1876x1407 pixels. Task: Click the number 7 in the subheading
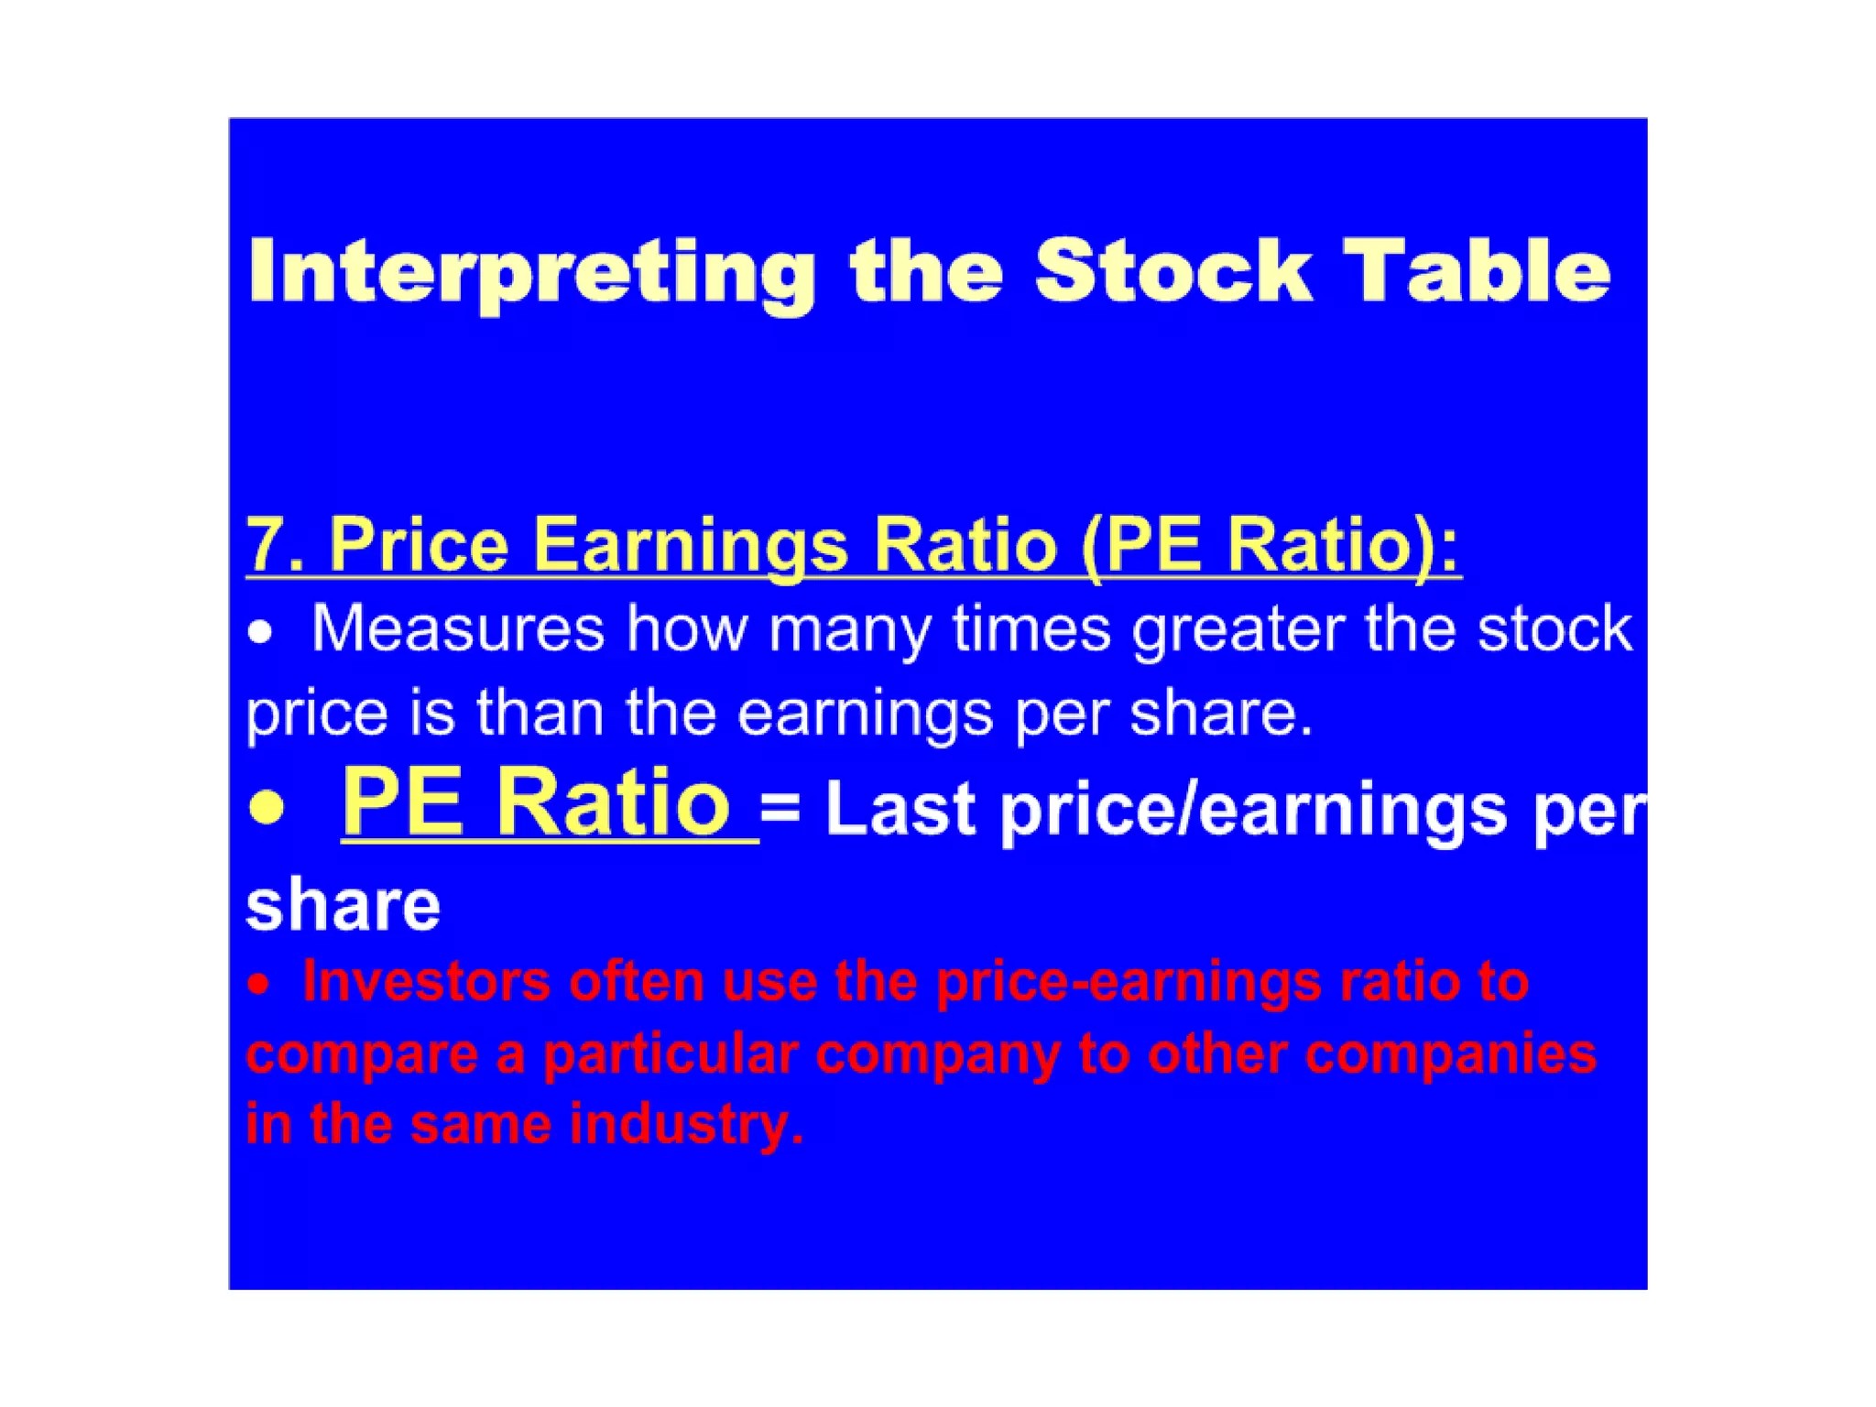tap(264, 545)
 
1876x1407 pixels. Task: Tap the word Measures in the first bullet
tap(458, 629)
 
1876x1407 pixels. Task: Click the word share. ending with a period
tap(1221, 713)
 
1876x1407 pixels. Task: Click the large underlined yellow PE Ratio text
tap(536, 802)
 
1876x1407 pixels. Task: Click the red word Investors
tap(427, 981)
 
